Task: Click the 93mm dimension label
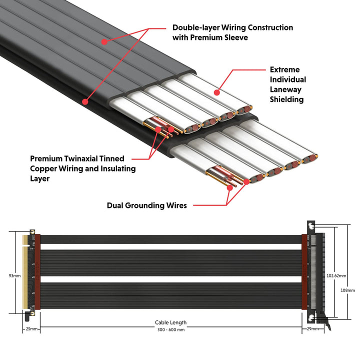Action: click(x=15, y=275)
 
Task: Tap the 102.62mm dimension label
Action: click(x=336, y=275)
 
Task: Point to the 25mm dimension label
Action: click(x=31, y=328)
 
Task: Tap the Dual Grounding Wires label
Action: click(x=147, y=205)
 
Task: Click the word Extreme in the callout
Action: click(x=284, y=70)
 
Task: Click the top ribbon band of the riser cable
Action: click(x=170, y=239)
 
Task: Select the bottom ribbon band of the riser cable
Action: click(x=170, y=306)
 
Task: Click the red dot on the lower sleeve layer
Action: click(x=85, y=101)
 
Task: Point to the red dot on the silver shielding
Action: click(x=216, y=92)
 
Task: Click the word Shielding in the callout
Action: click(x=286, y=99)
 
